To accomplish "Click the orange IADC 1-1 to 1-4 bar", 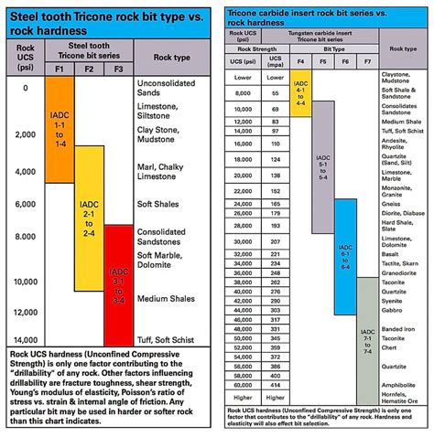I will (58, 133).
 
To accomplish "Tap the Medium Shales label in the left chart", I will (165, 298).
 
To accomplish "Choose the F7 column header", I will (366, 60).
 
